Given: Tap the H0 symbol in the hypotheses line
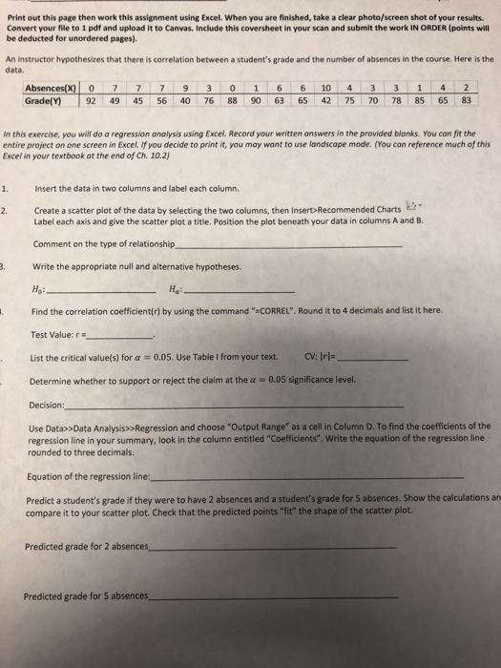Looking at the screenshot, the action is click(37, 290).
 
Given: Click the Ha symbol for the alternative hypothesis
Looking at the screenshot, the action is click(172, 290).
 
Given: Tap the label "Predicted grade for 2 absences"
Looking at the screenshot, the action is click(87, 547).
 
